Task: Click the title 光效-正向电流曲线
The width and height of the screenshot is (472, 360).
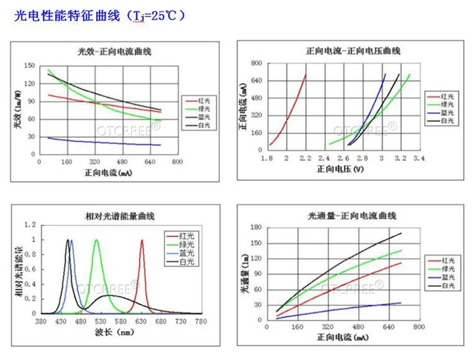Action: (x=115, y=51)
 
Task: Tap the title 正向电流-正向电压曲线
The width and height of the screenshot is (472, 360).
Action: (x=353, y=51)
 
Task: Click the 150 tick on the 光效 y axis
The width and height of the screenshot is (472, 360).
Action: (x=29, y=66)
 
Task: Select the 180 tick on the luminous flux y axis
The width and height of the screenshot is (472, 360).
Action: (x=255, y=227)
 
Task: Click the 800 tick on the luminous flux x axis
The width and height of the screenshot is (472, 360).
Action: (x=418, y=326)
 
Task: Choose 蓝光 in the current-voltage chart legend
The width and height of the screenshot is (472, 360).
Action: (x=448, y=112)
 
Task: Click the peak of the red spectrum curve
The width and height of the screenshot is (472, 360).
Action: (x=142, y=240)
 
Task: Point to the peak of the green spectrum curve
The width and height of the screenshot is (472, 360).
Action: (x=96, y=240)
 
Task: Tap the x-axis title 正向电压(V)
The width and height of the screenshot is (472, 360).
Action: (x=340, y=169)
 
